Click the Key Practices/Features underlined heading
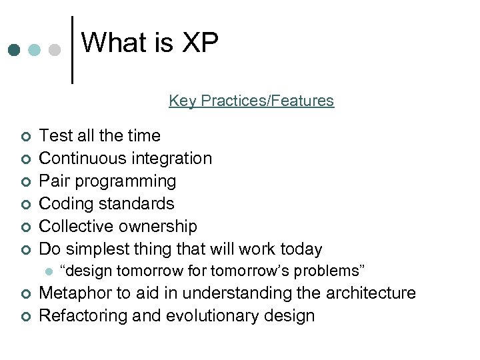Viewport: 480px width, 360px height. (251, 101)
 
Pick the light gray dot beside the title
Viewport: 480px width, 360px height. (55, 50)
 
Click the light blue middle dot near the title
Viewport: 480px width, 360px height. (35, 50)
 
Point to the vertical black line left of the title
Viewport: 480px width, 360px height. (72, 50)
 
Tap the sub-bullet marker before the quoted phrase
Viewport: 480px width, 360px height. (47, 271)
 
